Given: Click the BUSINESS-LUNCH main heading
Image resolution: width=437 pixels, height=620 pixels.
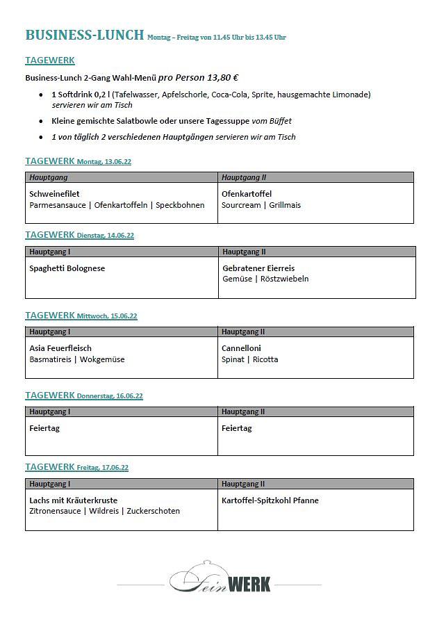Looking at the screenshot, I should tap(84, 35).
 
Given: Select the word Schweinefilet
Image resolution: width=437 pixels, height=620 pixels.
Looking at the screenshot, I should tap(55, 194).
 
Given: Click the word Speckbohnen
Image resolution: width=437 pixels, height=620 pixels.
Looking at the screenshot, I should tap(180, 205).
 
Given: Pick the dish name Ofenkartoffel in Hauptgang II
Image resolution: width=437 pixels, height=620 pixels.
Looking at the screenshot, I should tap(247, 194).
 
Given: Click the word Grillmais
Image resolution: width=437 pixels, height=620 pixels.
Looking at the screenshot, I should tap(285, 205).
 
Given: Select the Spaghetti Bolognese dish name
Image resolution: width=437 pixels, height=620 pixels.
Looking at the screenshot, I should tap(67, 268).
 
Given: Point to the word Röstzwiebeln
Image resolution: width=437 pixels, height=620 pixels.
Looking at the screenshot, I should tap(285, 279).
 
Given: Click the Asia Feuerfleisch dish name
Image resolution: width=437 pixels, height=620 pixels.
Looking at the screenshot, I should tap(60, 348).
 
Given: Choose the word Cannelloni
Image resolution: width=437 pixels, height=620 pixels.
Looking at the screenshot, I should tap(241, 348).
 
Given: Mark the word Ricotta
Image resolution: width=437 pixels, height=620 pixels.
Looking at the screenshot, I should tap(265, 359).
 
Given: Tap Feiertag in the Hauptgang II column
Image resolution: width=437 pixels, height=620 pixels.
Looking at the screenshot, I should tap(237, 428).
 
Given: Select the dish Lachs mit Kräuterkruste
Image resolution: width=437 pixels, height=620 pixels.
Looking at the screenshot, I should tap(74, 500).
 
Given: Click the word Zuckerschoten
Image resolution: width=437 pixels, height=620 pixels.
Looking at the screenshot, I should tap(153, 511).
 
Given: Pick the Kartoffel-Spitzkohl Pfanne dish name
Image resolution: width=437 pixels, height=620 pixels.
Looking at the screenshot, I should tap(270, 500).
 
